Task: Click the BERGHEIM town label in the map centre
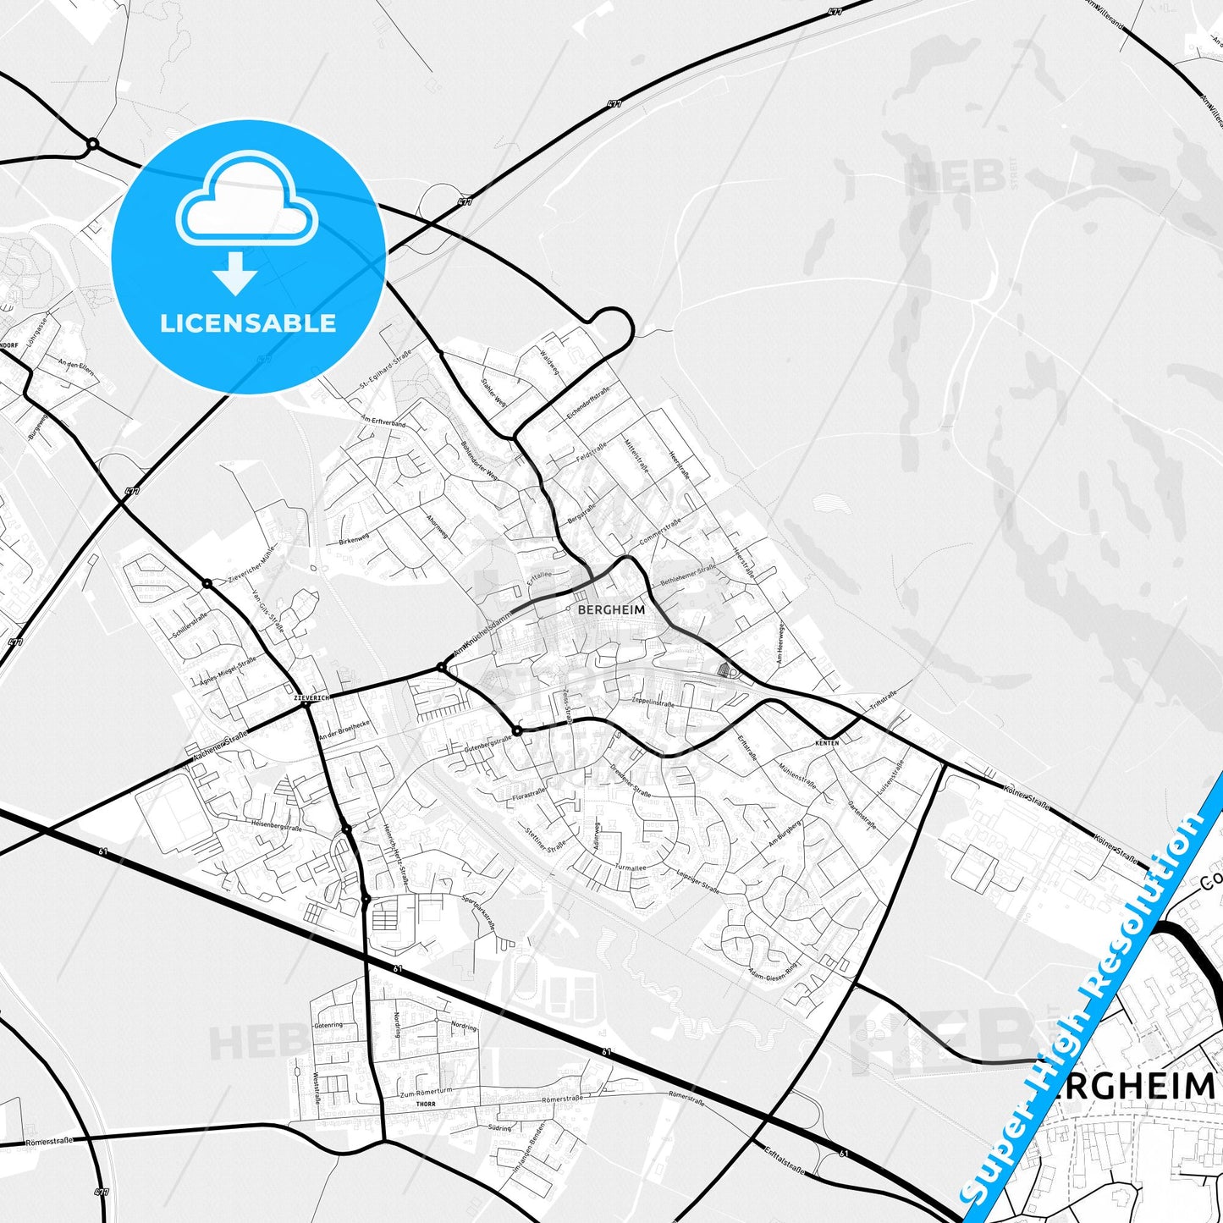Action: coord(610,609)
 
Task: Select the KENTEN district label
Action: coord(827,742)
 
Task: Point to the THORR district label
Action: coord(425,1105)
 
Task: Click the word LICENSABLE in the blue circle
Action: coord(248,323)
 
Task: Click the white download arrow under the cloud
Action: coord(235,273)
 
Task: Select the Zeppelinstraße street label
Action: coord(653,702)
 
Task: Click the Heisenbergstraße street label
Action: coord(276,824)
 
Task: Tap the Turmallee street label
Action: coord(630,868)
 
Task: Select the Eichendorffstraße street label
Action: coord(587,405)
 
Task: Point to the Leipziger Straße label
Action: coord(697,882)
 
